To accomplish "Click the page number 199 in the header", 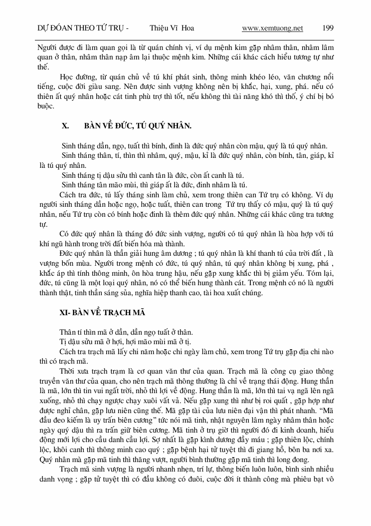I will [x=328, y=28].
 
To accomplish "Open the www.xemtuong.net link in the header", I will [x=272, y=28].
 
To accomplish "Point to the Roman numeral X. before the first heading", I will [x=65, y=126].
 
